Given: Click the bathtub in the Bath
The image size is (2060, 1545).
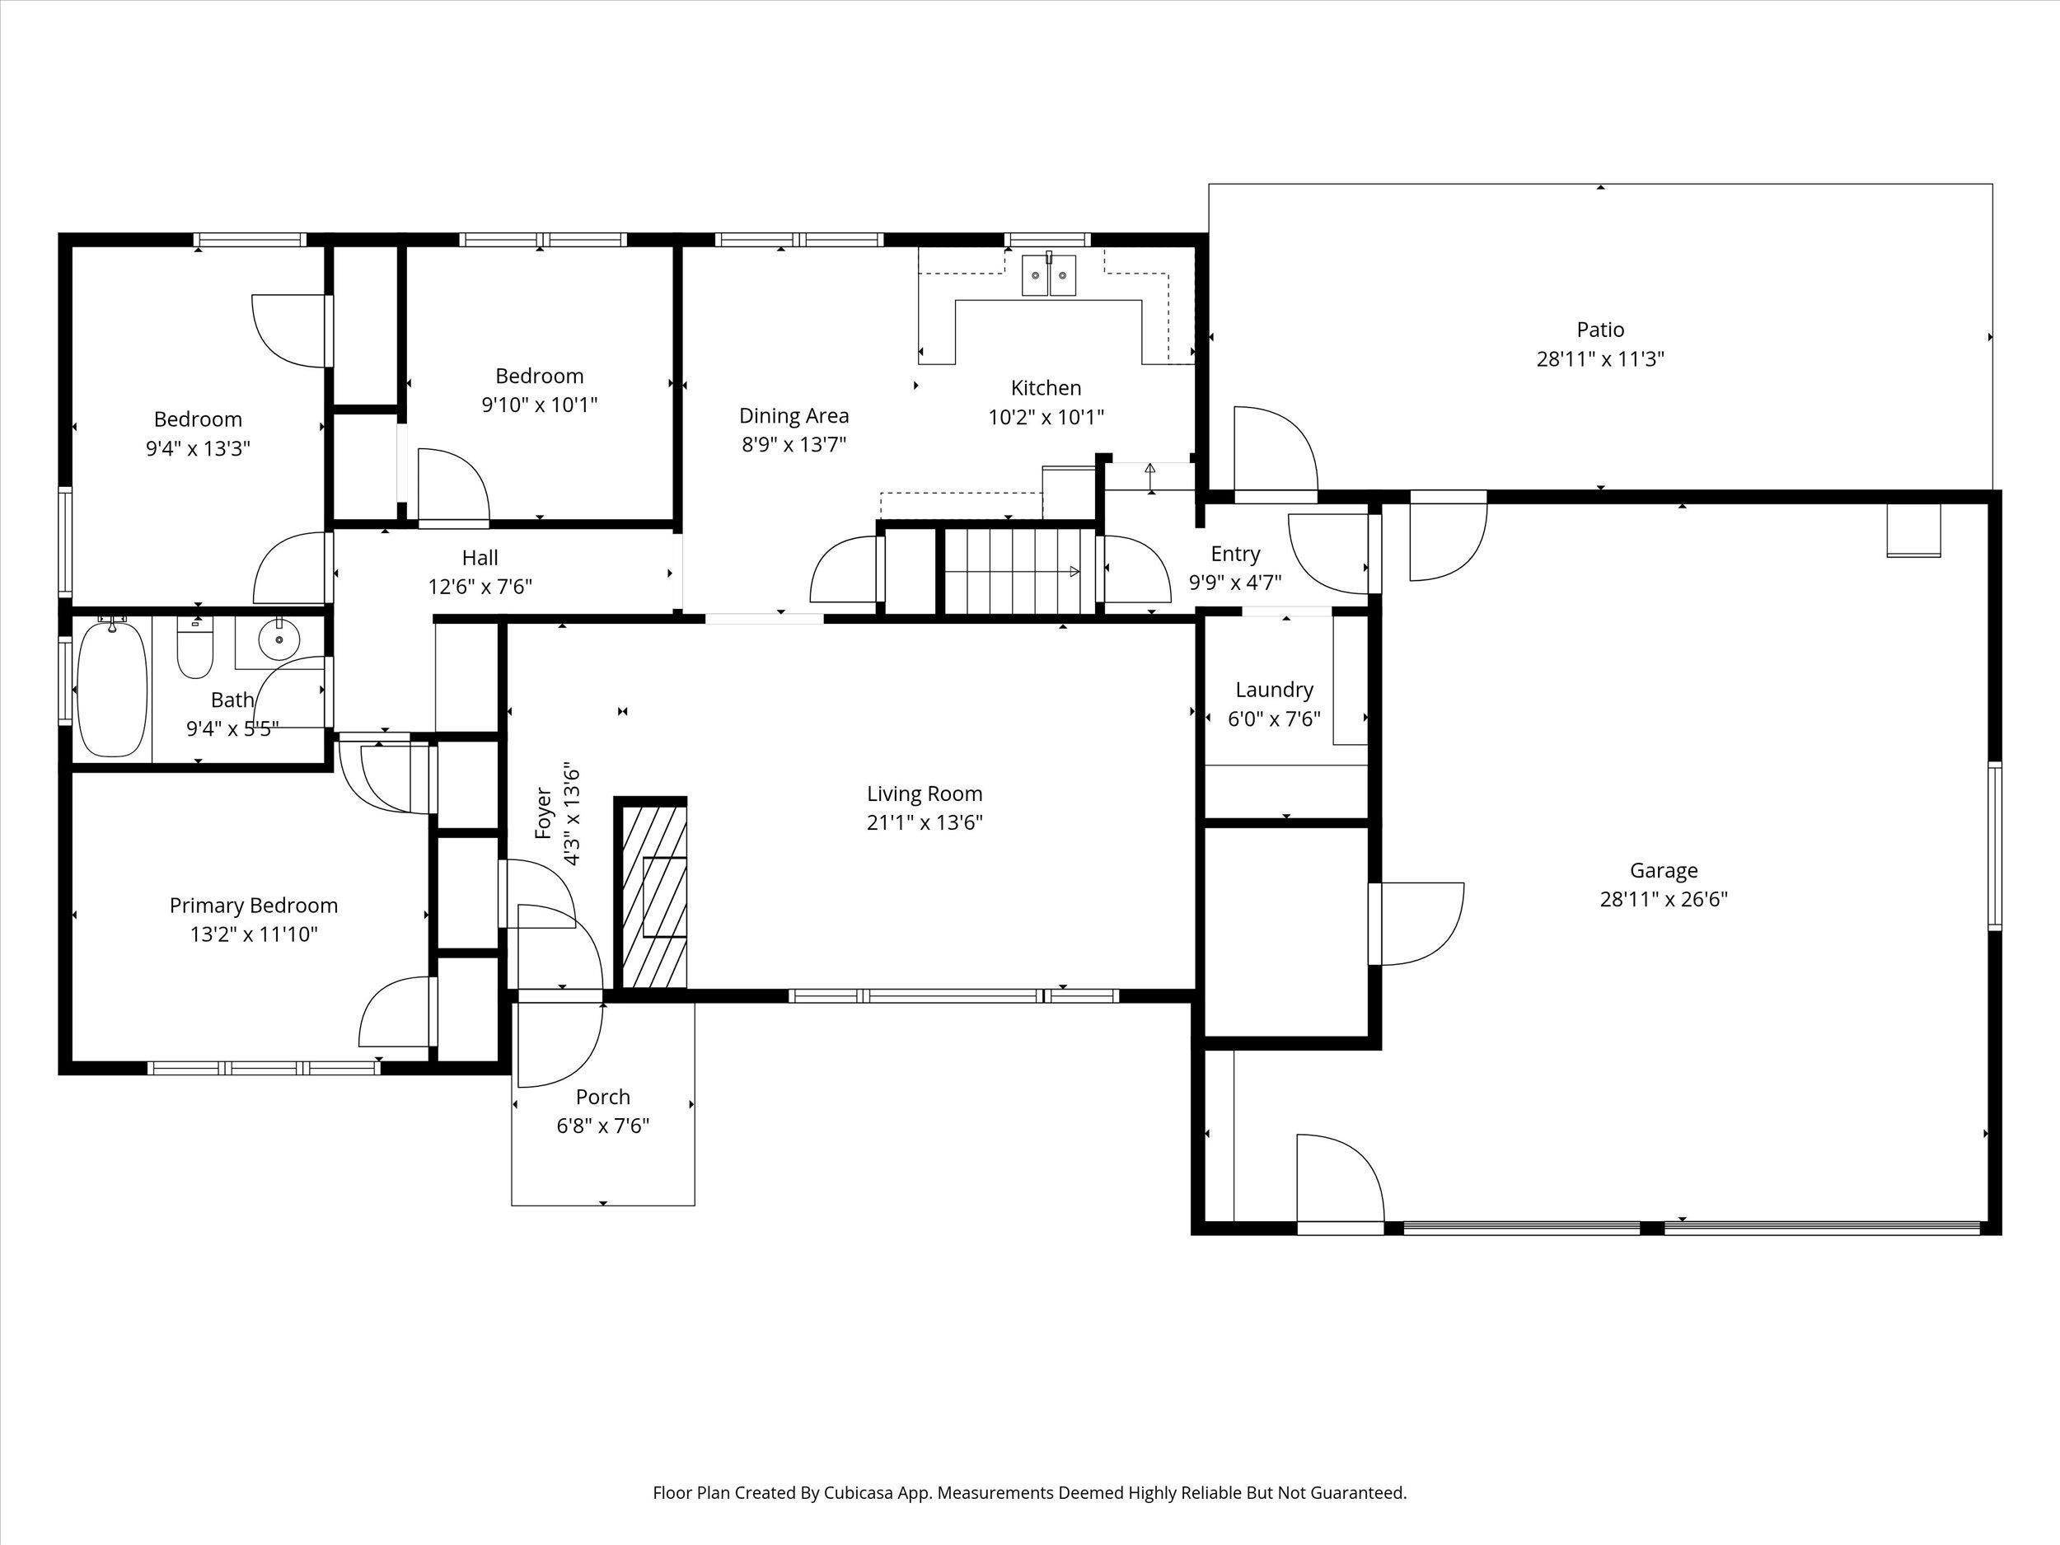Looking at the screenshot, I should (x=112, y=689).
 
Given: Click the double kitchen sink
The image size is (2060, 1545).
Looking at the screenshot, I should (x=1049, y=276).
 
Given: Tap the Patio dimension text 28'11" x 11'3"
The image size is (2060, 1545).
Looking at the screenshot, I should (x=1600, y=358).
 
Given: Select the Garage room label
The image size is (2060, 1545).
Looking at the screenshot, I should (x=1664, y=870).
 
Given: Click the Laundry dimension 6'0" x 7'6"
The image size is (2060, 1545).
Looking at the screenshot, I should (x=1274, y=719).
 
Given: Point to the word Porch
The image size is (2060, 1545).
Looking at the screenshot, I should (x=602, y=1096).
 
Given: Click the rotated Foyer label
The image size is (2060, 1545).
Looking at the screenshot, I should (x=544, y=813).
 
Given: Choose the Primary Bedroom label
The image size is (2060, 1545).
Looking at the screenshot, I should (x=253, y=906).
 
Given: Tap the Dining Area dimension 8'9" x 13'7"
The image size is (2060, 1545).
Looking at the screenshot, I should (x=794, y=444).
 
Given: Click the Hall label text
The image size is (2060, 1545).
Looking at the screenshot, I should (x=480, y=558).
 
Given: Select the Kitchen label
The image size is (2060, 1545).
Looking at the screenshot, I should (x=1046, y=387).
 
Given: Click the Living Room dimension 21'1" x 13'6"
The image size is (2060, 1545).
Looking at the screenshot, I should (x=924, y=822).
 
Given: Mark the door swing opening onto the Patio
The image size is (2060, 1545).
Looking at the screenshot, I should (x=1274, y=452).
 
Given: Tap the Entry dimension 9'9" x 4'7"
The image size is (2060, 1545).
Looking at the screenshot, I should (x=1235, y=583).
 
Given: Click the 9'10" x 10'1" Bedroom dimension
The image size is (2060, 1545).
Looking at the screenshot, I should (x=539, y=405).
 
